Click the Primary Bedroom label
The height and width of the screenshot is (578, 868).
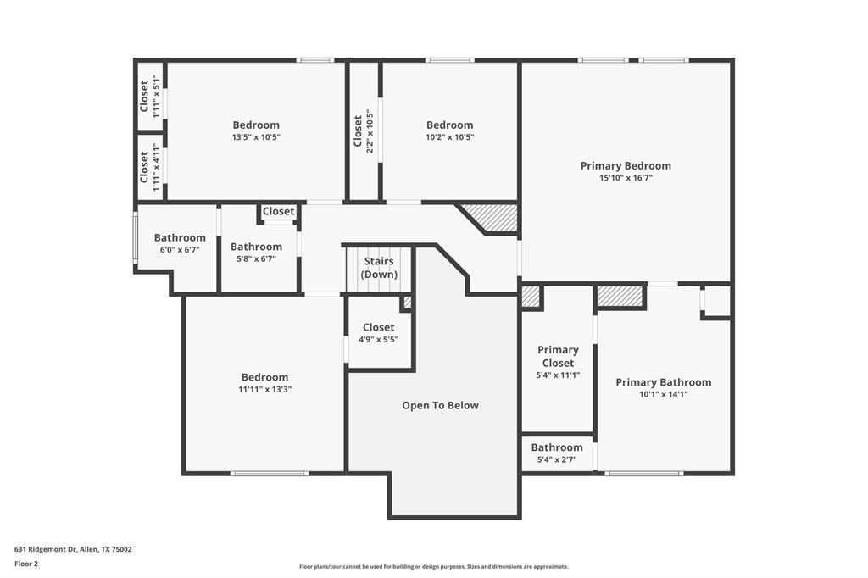click(626, 165)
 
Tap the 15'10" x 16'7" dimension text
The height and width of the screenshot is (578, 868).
click(626, 178)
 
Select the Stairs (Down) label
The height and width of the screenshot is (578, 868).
click(379, 268)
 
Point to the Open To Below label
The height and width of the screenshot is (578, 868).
click(440, 405)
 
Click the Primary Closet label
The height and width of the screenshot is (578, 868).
click(558, 357)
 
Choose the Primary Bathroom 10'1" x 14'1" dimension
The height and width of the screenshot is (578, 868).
click(663, 395)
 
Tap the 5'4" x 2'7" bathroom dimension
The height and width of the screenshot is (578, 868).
click(557, 459)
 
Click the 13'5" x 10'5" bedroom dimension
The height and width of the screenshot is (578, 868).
click(256, 137)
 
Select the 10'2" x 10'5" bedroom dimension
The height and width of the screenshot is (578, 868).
click(449, 137)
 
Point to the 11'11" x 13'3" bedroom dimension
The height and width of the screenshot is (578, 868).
click(264, 390)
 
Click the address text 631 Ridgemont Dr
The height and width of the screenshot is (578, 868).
click(46, 550)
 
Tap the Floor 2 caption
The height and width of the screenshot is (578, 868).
click(26, 564)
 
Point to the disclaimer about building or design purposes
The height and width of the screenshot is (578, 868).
click(434, 567)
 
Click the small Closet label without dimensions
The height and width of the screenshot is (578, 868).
click(278, 212)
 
